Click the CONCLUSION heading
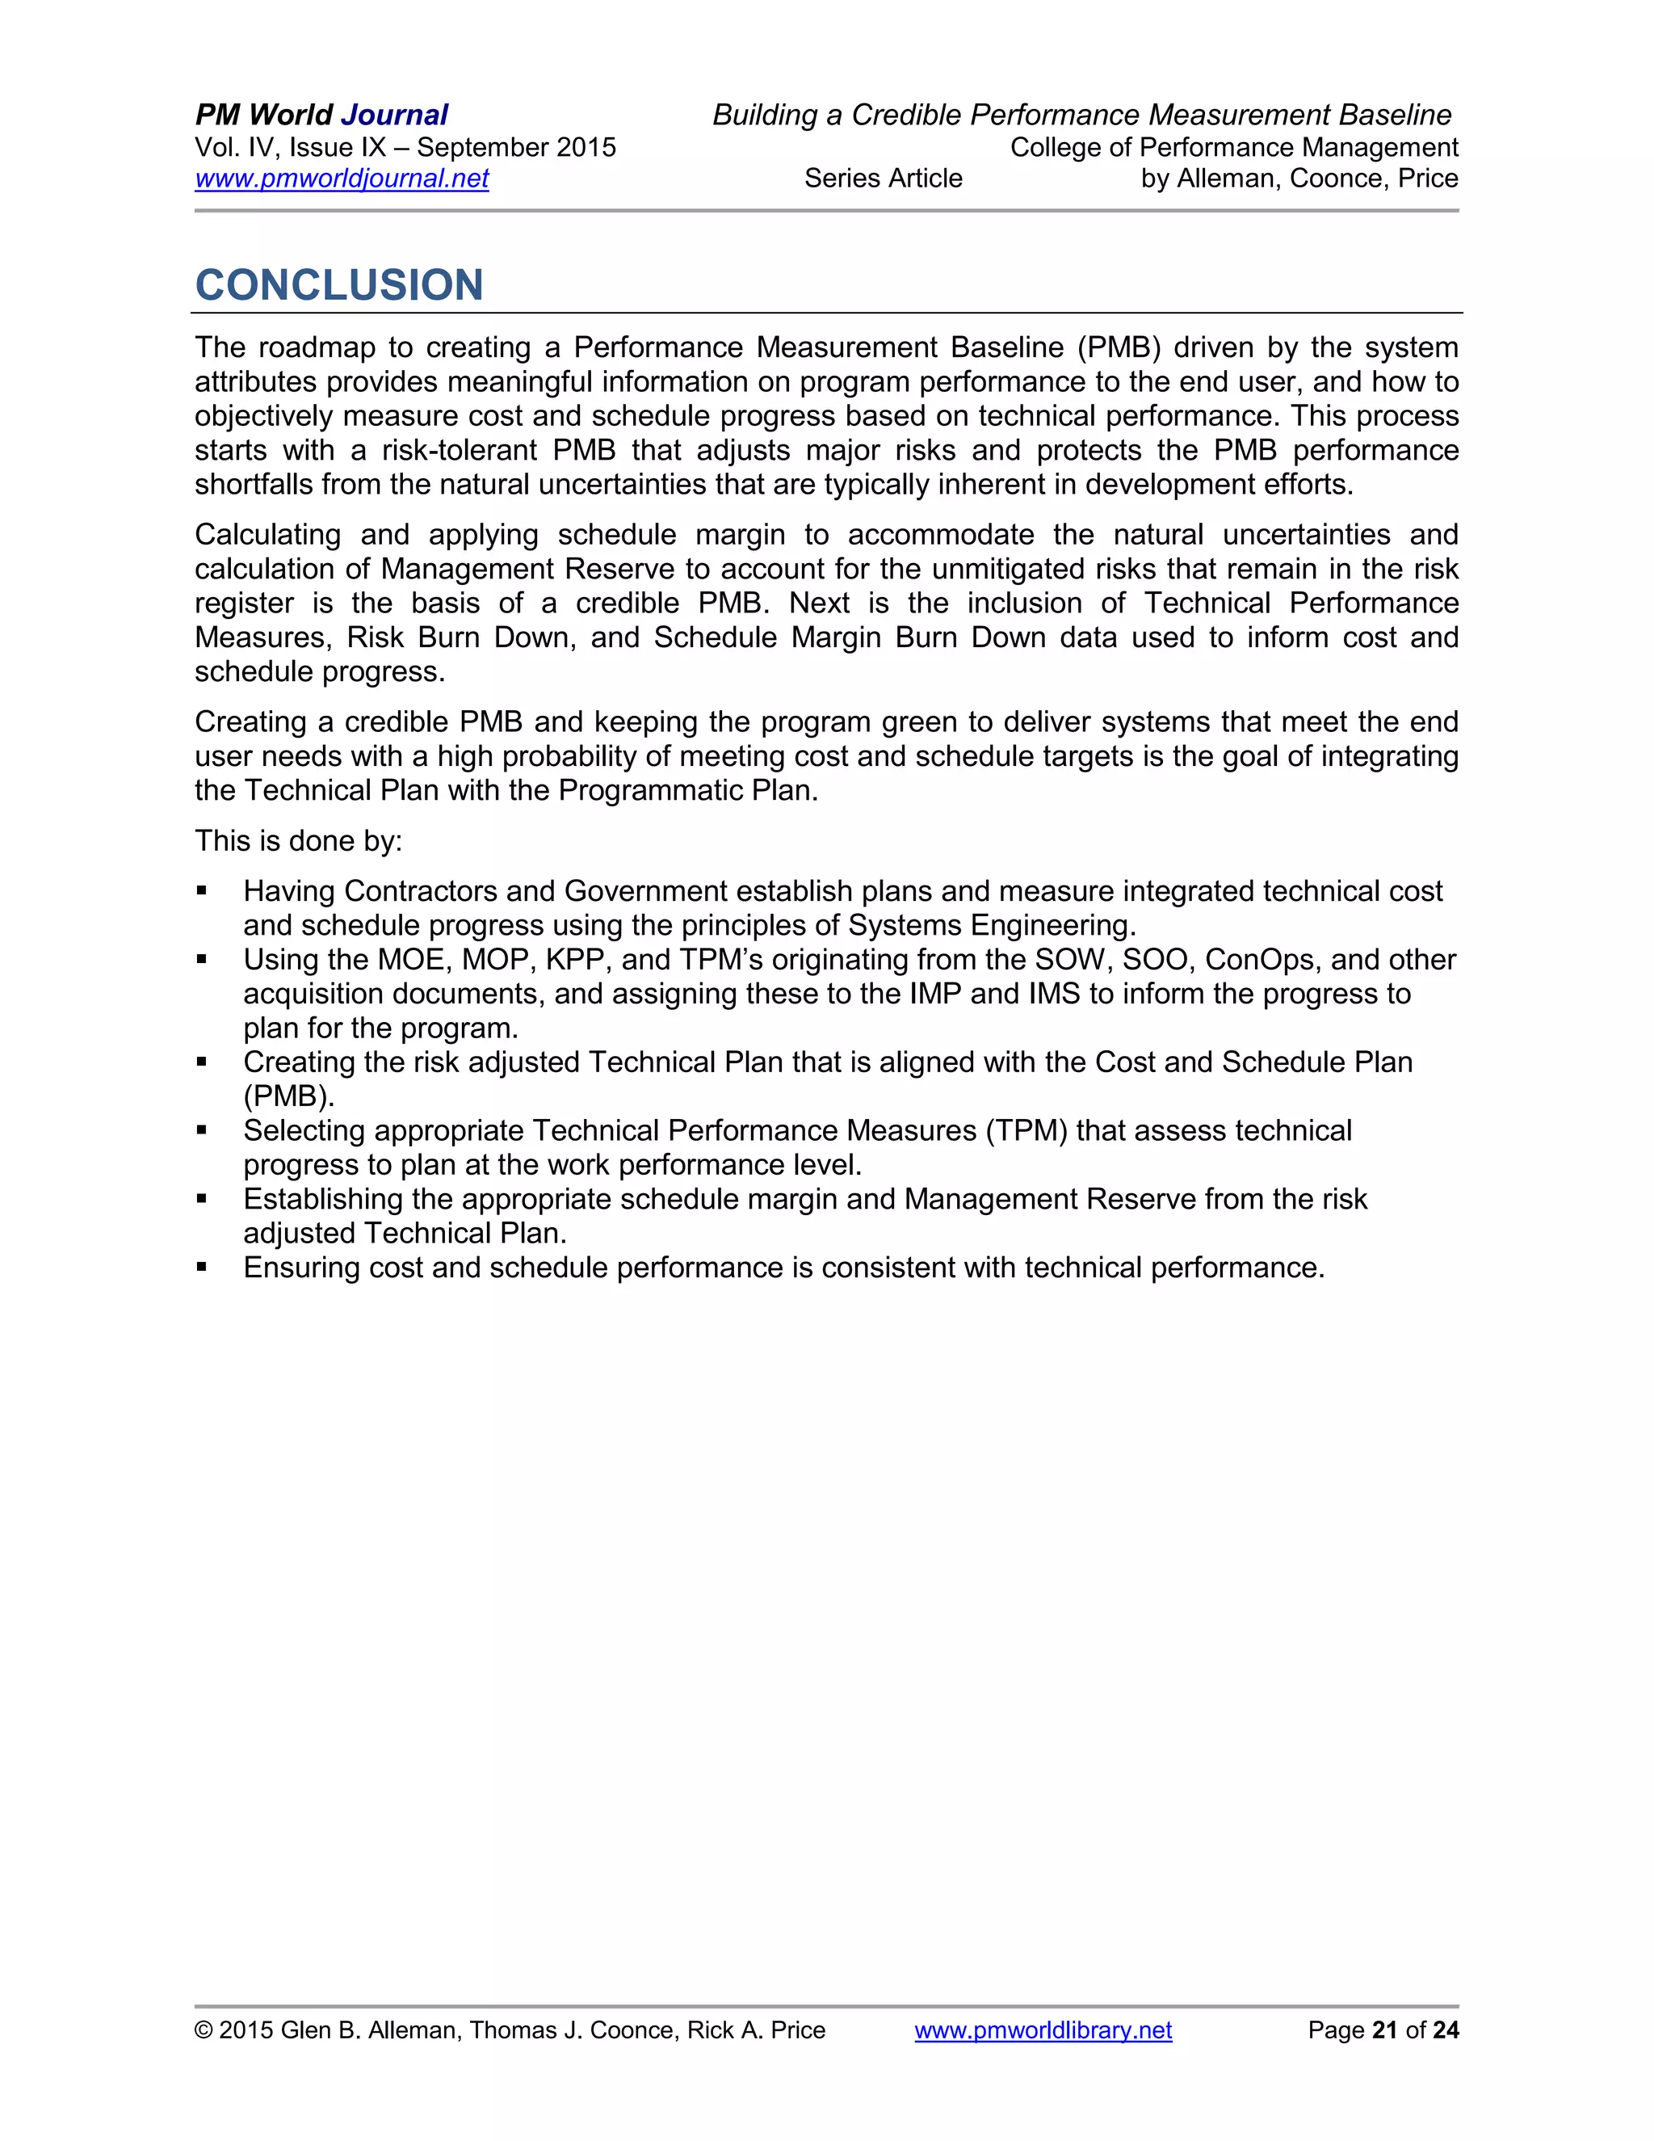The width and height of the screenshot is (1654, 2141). coord(339,285)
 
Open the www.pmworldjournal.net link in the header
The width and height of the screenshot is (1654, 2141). coord(341,179)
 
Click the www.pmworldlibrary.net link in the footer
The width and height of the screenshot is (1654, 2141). coord(1043,2030)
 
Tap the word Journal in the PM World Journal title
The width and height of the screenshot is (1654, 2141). coord(394,115)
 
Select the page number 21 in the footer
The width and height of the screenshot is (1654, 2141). coord(1383,2030)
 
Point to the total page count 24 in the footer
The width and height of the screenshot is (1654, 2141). coord(1446,2030)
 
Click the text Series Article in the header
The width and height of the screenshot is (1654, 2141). coord(883,179)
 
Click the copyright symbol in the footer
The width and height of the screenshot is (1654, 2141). coord(203,2030)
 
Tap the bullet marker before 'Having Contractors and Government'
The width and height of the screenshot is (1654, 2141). coord(202,891)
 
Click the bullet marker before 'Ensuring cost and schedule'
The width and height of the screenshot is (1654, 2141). coord(202,1268)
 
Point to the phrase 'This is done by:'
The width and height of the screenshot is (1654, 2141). coord(298,841)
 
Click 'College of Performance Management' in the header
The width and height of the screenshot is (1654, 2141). coord(1234,147)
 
